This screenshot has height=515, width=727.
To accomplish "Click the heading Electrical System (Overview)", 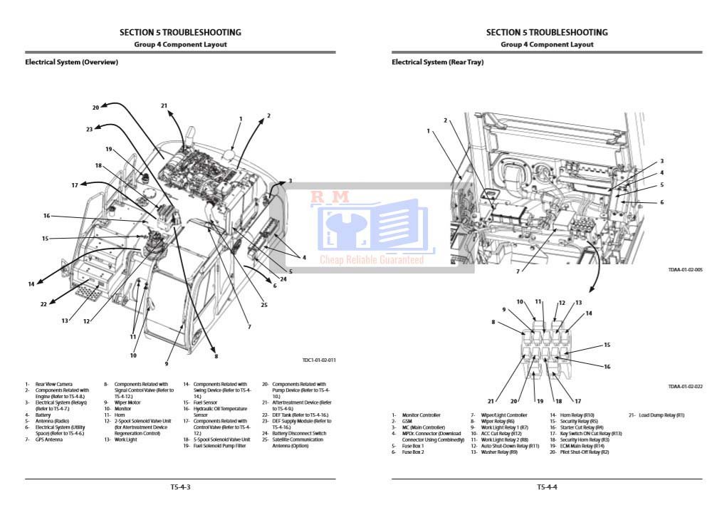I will coord(71,63).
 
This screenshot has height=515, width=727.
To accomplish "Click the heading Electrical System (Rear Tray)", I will coord(437,63).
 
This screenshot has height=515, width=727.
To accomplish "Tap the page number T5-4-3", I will coord(180,487).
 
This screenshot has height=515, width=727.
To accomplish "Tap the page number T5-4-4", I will coord(547,487).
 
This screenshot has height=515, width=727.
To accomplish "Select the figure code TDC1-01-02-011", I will coord(318,360).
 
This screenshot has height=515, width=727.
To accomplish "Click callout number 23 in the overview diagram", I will coord(89,129).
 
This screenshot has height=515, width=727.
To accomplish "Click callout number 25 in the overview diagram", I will coord(263,305).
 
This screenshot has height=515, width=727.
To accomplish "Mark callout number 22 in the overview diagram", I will coord(43,304).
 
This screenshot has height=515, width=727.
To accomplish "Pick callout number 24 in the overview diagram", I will coord(283,279).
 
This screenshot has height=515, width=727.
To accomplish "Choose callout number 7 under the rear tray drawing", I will coord(518,271).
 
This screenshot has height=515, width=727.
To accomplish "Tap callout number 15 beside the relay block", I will coord(607,345).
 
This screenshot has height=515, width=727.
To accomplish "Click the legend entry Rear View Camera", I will coord(53,385).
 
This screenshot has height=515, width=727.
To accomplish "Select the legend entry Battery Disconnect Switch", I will coord(298,434).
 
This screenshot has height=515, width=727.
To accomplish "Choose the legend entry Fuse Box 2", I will coord(412,452).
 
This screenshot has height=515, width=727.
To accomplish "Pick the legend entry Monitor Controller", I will coord(421,415).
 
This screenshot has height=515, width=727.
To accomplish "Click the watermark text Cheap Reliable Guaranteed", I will coord(371,260).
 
